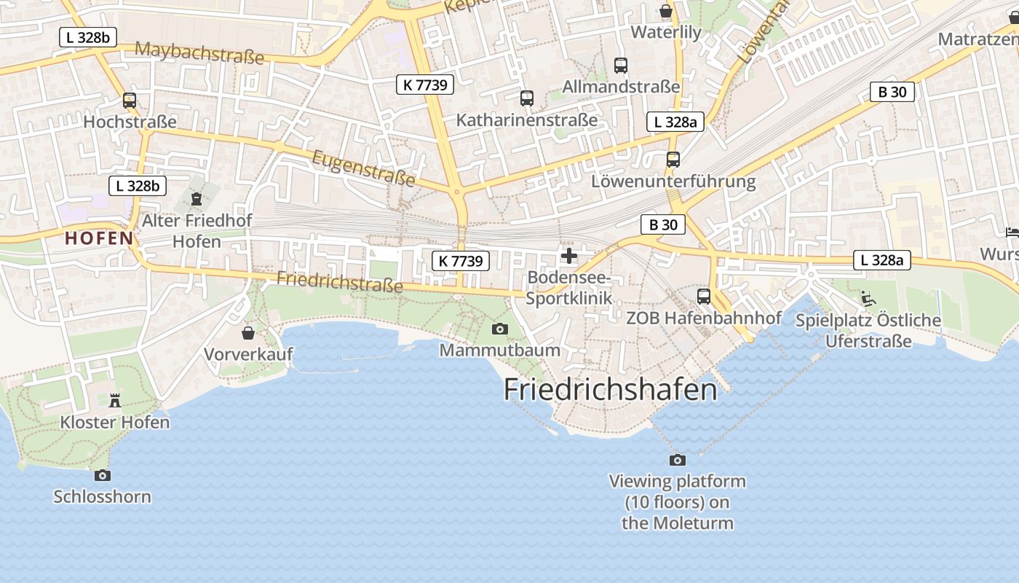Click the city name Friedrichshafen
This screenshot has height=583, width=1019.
[x=610, y=389]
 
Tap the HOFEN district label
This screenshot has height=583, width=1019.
[x=99, y=238]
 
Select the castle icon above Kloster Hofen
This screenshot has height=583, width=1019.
[x=114, y=400]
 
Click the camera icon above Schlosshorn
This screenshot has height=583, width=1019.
[x=103, y=475]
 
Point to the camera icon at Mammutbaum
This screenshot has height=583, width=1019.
[x=499, y=329]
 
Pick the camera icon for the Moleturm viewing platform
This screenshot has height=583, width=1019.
[x=677, y=460]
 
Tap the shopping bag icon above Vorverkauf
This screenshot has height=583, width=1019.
[x=248, y=333]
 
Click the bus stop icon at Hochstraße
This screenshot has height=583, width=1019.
[x=130, y=101]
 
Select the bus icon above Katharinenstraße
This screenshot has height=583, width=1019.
[x=527, y=98]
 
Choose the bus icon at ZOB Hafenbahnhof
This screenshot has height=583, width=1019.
[x=704, y=296]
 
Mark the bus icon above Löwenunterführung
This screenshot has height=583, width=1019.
[x=673, y=160]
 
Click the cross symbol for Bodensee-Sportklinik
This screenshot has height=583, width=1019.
[x=569, y=256]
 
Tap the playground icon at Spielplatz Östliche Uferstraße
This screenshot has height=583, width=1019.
[x=868, y=298]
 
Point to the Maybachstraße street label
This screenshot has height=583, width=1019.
[x=199, y=52]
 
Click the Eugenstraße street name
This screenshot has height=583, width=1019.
[x=363, y=168]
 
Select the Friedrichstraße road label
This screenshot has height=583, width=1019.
[x=339, y=281]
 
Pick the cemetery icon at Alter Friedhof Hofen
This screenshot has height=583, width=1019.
[x=196, y=198]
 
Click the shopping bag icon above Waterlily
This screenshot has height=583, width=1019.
[x=665, y=11]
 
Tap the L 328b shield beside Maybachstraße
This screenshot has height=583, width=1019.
[x=88, y=37]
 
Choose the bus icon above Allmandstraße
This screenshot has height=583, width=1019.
[x=621, y=66]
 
